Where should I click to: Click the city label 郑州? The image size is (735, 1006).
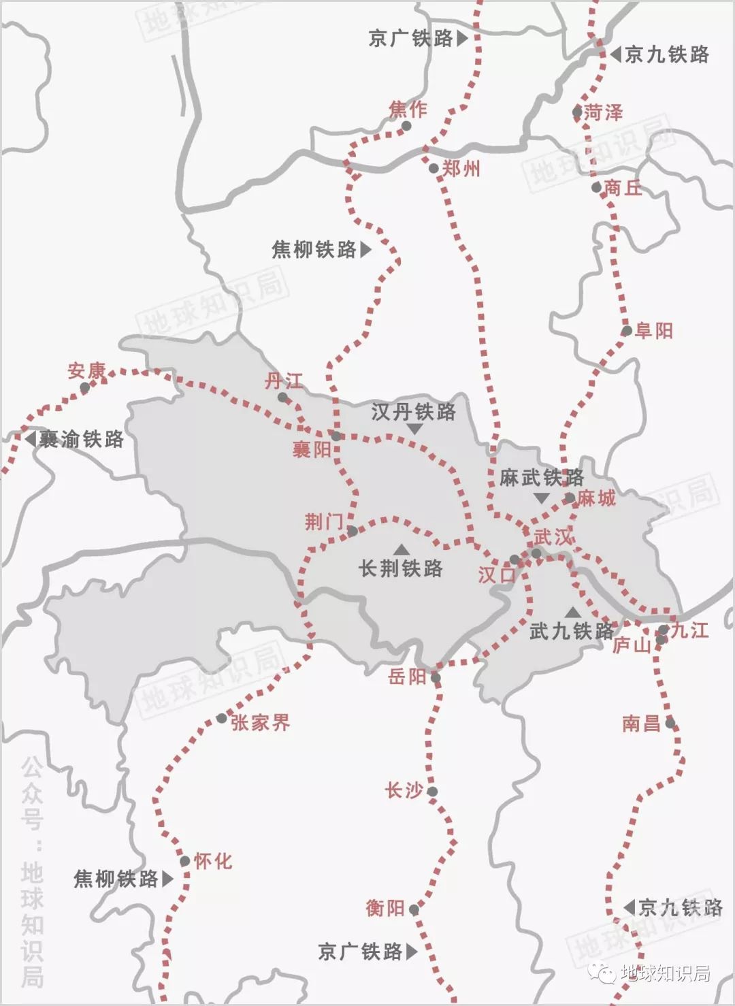point(461,168)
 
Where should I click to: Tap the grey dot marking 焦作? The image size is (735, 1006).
point(406,126)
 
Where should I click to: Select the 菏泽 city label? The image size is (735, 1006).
point(603,112)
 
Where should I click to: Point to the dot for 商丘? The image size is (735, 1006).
point(597,187)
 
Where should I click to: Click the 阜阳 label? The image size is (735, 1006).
point(653,331)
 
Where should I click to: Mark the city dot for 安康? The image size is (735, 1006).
point(85,387)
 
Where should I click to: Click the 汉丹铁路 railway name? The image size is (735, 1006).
point(414,411)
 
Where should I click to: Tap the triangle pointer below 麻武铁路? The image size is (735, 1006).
point(541,498)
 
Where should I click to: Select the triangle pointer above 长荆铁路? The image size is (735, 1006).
point(402,549)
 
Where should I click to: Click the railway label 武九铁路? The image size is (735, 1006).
point(572,631)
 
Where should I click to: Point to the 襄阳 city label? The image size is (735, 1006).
point(312,449)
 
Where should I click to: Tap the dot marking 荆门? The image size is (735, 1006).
point(352,530)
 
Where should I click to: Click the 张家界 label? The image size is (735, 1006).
point(261,722)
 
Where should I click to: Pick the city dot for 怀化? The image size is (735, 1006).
point(185,861)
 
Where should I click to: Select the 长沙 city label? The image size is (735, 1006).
point(404,790)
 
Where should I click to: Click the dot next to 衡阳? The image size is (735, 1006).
point(414,909)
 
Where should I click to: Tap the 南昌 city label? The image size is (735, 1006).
point(641,723)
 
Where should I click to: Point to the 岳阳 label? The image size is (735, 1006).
point(407,676)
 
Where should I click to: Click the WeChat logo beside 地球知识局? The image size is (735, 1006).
point(604,973)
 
